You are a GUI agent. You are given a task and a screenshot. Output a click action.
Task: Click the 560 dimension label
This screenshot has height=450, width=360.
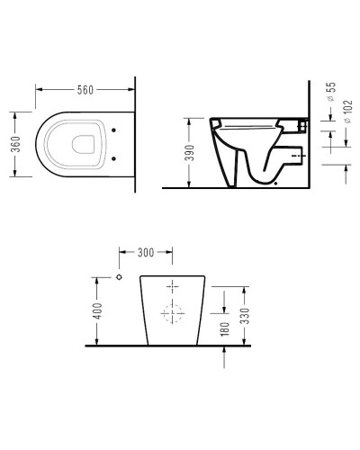click(x=85, y=90)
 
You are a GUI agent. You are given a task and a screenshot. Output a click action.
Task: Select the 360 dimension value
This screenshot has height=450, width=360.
click(x=15, y=144)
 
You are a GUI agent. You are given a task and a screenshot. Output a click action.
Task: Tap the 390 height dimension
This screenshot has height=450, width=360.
click(x=189, y=153)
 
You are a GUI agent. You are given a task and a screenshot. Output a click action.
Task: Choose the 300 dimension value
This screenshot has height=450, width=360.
click(x=146, y=253)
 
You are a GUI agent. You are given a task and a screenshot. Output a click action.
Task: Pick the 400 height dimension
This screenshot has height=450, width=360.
click(x=97, y=311)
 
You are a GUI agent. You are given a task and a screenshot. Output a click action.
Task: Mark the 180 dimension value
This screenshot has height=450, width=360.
click(x=224, y=329)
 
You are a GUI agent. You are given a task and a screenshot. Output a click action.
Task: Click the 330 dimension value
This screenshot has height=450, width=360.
click(x=245, y=316)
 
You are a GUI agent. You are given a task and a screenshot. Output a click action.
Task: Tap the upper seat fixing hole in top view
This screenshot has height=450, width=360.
click(x=113, y=130)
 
